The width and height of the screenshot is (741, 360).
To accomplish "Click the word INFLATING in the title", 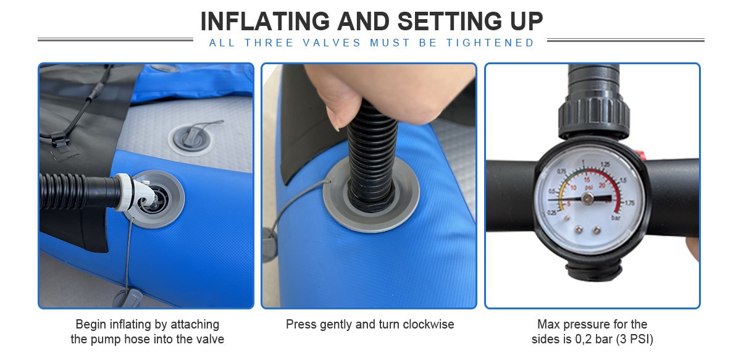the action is [x=265, y=21].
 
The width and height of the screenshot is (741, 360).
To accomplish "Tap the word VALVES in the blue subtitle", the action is [x=332, y=43].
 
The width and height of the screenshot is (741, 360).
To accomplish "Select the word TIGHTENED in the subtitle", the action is [x=490, y=43].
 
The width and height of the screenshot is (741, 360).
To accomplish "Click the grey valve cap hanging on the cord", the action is [x=127, y=298].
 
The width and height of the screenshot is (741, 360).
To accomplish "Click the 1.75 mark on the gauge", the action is [x=629, y=203].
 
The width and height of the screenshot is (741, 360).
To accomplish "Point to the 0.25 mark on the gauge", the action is [x=553, y=213].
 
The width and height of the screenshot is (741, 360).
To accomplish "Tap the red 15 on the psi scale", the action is [x=587, y=180].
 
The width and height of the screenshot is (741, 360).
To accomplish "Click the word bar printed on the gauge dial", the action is [x=616, y=218].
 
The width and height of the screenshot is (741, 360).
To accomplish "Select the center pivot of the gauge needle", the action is [x=587, y=198].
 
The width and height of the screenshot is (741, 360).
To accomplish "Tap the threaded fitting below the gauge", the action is [x=594, y=270].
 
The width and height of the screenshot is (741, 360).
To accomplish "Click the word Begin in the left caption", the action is [x=91, y=325].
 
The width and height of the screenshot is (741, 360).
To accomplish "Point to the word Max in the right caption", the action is [x=548, y=324].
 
